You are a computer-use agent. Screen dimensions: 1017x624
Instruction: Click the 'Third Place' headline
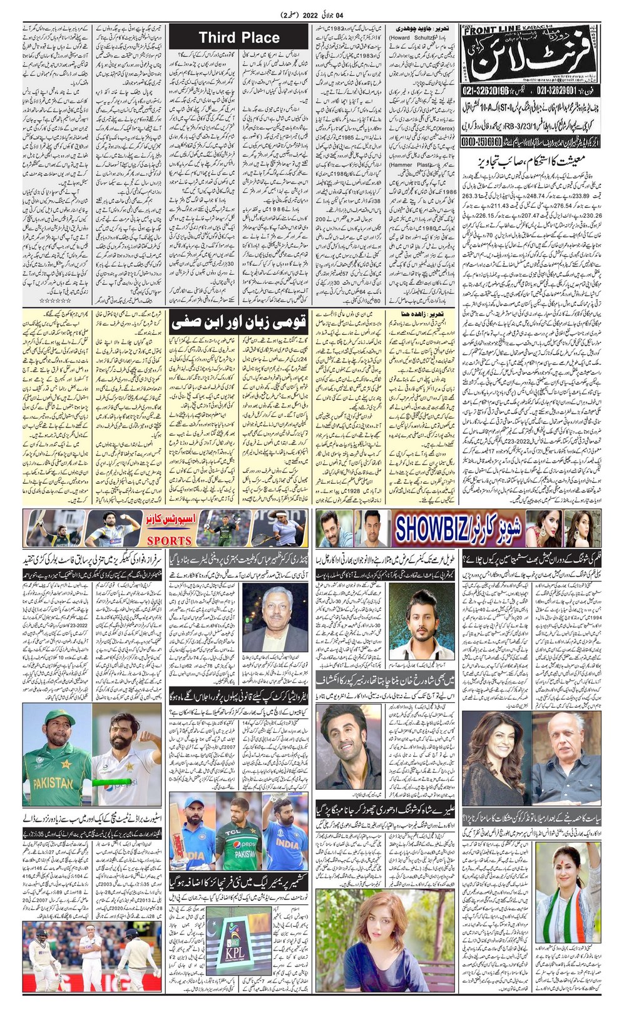point(239,38)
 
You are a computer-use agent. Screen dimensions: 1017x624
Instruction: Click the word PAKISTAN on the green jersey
point(53,782)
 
